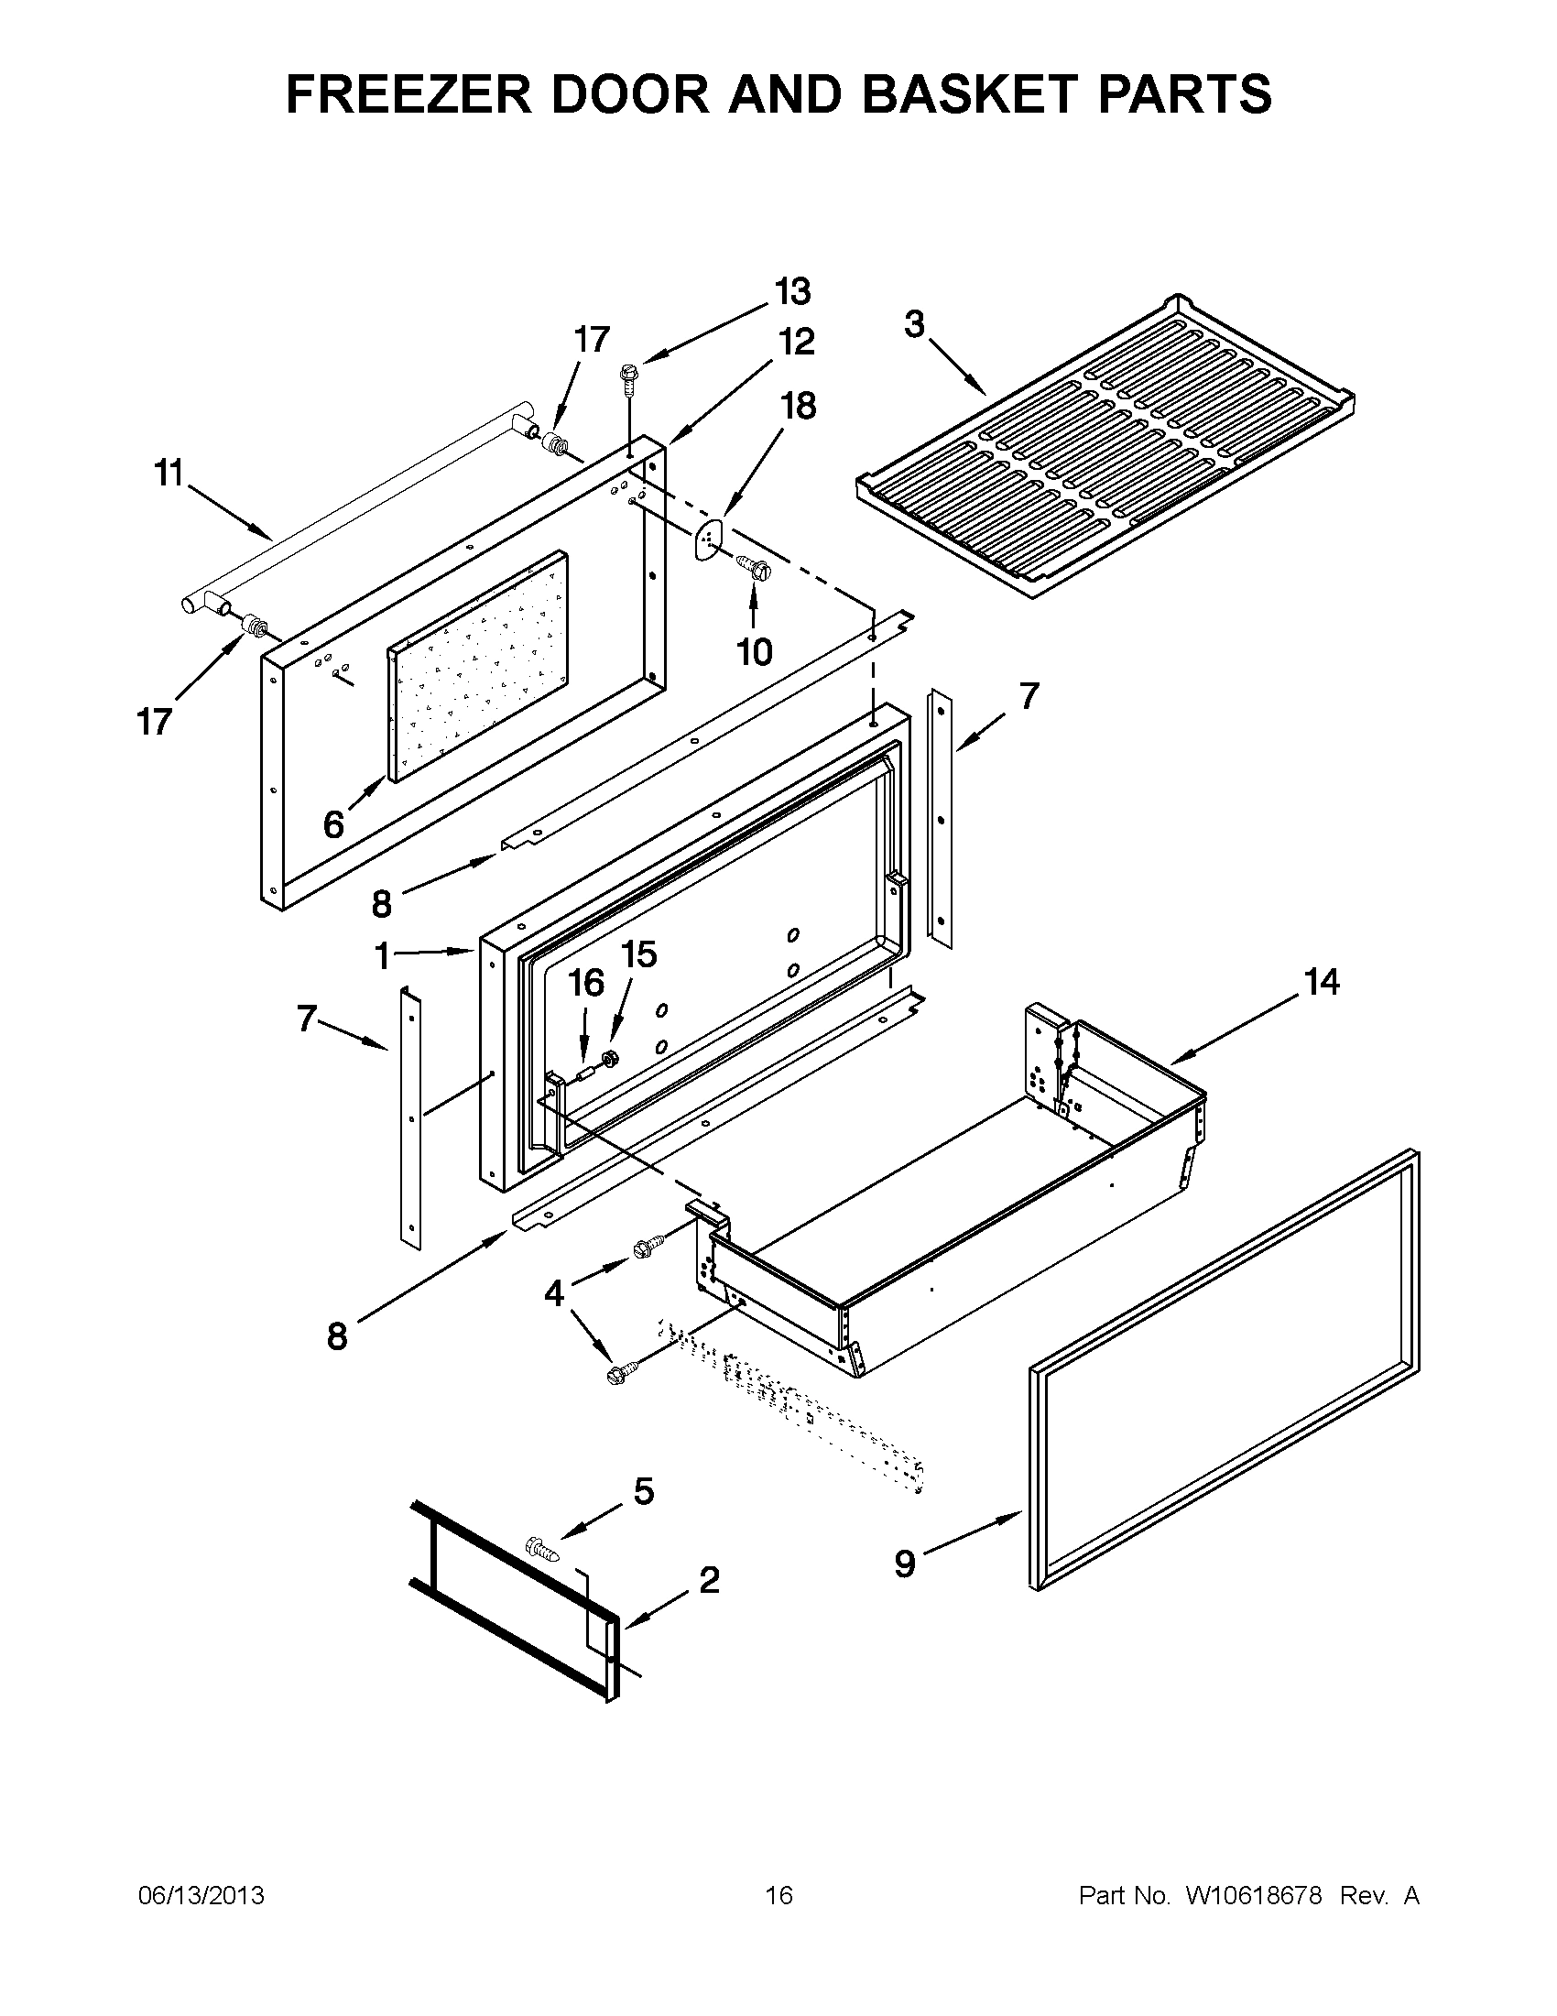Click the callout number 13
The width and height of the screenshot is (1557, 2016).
click(x=792, y=291)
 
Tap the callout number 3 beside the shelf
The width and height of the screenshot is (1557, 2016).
click(x=914, y=325)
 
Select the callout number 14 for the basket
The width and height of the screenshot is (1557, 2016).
click(x=1321, y=982)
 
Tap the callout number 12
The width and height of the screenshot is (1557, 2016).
click(x=796, y=342)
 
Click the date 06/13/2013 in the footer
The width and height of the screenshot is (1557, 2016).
click(x=201, y=1896)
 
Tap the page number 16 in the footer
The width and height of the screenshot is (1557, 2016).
click(x=778, y=1896)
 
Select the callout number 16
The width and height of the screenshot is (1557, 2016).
click(x=585, y=984)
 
